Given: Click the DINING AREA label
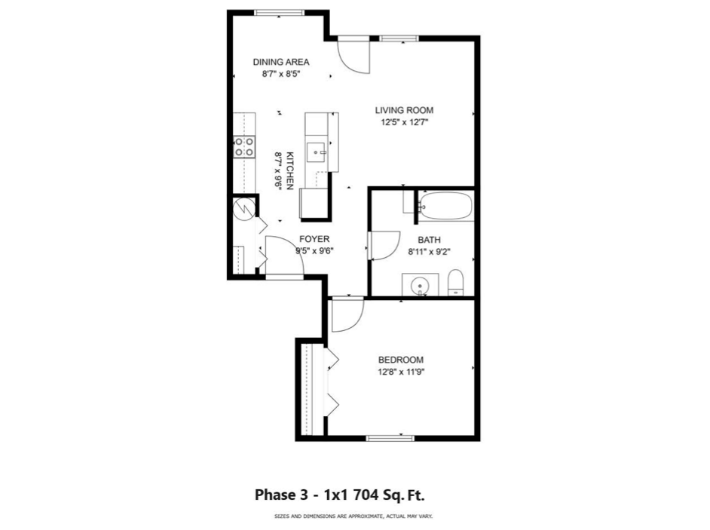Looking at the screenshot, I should pyautogui.click(x=281, y=62).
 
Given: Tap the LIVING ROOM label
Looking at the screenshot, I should pyautogui.click(x=404, y=110).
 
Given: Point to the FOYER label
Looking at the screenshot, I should pyautogui.click(x=314, y=239).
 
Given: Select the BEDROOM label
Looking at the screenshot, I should pyautogui.click(x=400, y=360).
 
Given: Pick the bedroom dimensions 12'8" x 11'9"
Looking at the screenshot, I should pyautogui.click(x=400, y=372).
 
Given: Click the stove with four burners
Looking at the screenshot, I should pyautogui.click(x=243, y=146).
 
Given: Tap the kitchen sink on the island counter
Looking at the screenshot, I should pyautogui.click(x=317, y=152).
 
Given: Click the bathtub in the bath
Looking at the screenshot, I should pyautogui.click(x=445, y=206).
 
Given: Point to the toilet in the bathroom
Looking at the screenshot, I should pyautogui.click(x=455, y=283).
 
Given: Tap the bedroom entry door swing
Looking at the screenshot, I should pyautogui.click(x=346, y=315).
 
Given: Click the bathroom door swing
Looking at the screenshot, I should pyautogui.click(x=384, y=244).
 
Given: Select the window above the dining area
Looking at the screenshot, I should pyautogui.click(x=279, y=12).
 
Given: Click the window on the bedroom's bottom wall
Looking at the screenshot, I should pyautogui.click(x=390, y=437).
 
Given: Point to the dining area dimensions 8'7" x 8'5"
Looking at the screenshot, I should pyautogui.click(x=281, y=74).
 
